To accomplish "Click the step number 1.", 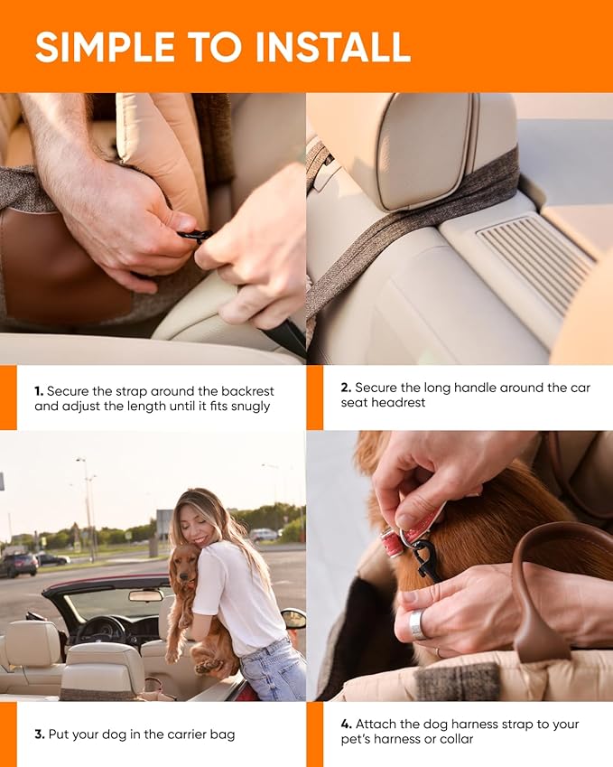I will pos(39,391).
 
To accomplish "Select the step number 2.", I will pos(346,388).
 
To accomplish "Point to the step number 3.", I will pos(39,734).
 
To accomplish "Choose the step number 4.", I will pos(347,725).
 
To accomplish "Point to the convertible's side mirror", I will pos(293,618).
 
